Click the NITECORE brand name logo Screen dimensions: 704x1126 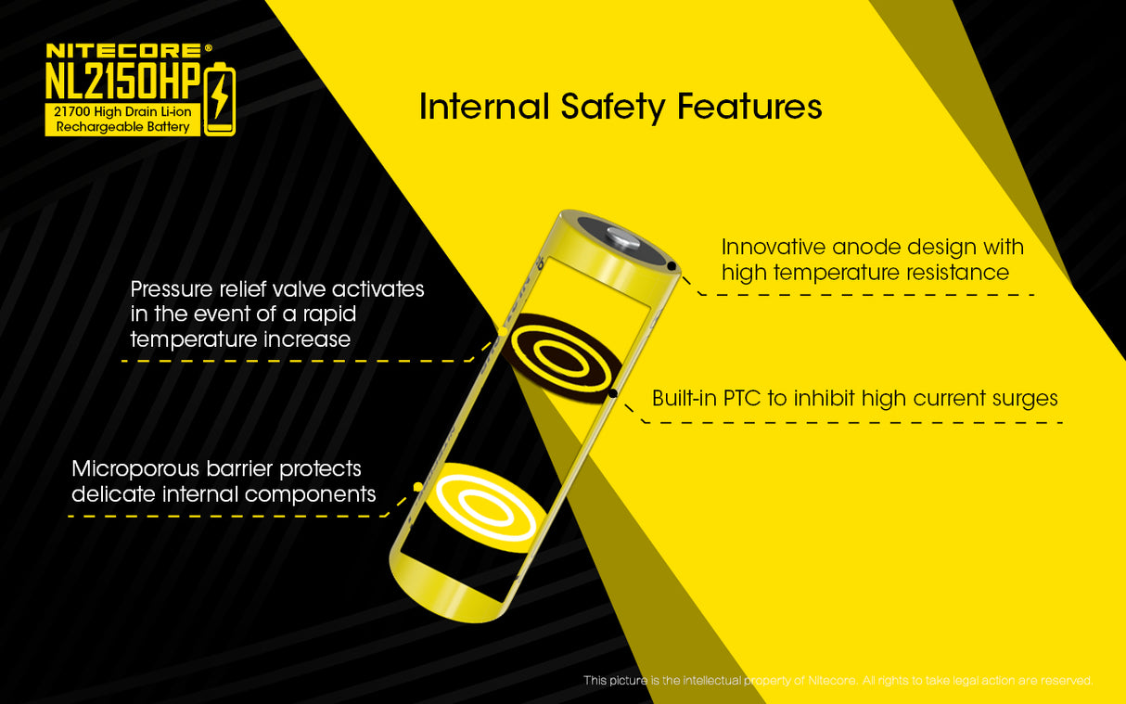pyautogui.click(x=122, y=51)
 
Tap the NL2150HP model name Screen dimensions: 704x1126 pyautogui.click(x=122, y=82)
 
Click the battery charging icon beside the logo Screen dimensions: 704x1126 pyautogui.click(x=220, y=99)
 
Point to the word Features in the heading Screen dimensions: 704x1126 pyautogui.click(x=749, y=107)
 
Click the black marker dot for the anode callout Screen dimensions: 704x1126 pyautogui.click(x=671, y=266)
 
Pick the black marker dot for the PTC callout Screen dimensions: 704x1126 pyautogui.click(x=613, y=393)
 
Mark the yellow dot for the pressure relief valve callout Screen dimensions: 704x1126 pyautogui.click(x=502, y=331)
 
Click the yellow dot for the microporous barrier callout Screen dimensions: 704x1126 pyautogui.click(x=417, y=486)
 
